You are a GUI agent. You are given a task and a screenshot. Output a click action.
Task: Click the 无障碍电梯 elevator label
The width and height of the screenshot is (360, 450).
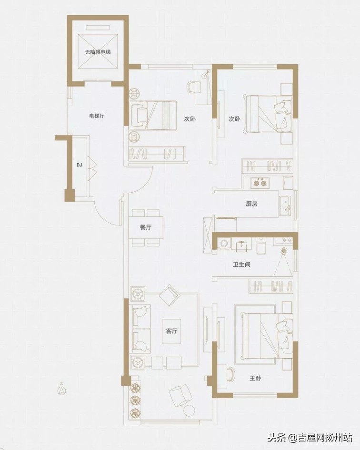click(x=98, y=52)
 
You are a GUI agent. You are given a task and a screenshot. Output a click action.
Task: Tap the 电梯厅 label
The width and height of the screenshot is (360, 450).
click(x=97, y=116)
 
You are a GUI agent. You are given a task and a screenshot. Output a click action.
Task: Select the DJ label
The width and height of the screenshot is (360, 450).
click(x=80, y=165)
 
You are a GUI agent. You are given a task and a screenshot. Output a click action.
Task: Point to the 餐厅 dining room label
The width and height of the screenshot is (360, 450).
click(x=146, y=227)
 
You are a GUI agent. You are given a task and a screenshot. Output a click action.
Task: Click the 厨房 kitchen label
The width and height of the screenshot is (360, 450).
click(x=251, y=204)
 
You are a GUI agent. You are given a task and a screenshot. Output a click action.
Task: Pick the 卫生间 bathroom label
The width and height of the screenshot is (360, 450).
click(x=241, y=264)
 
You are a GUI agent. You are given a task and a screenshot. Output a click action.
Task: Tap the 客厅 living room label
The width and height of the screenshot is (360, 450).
click(x=171, y=331)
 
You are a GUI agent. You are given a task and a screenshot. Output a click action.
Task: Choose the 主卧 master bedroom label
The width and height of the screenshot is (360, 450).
click(x=255, y=378)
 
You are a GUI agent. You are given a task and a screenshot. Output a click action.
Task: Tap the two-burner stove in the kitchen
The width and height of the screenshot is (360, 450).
click(x=260, y=183)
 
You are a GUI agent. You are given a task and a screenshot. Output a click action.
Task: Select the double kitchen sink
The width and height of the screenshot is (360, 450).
click(x=285, y=206)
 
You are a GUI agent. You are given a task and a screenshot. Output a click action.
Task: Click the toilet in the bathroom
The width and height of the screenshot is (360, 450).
click(x=261, y=246)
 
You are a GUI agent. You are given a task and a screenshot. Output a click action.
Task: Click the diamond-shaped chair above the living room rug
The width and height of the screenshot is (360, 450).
click(x=170, y=295)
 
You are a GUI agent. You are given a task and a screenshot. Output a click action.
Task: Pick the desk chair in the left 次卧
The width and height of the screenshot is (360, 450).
click(x=193, y=87)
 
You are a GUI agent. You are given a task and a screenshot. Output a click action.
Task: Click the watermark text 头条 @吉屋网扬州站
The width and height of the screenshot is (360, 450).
click(x=310, y=437)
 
